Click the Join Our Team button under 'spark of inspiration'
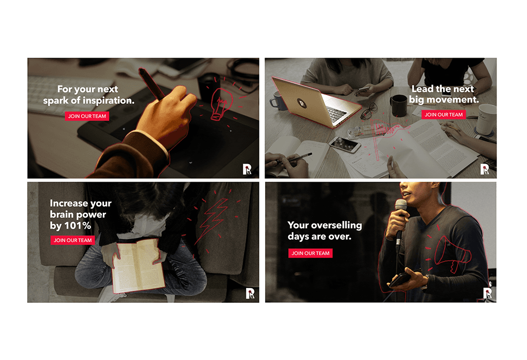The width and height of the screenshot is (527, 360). pos(87,116)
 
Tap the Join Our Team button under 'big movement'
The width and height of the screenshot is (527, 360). pos(443,115)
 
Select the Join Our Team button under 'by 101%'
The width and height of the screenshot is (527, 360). pos(73,240)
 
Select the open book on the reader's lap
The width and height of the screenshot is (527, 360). pos(138,265)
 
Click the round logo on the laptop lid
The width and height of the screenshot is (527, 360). pos(302,103)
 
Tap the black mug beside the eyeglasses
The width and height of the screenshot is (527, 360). pos(398,105)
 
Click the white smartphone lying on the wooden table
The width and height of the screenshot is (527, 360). pos(344,145)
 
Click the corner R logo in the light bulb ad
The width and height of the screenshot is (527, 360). pos(247,169)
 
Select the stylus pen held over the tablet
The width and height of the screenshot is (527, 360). pos(152,84)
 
